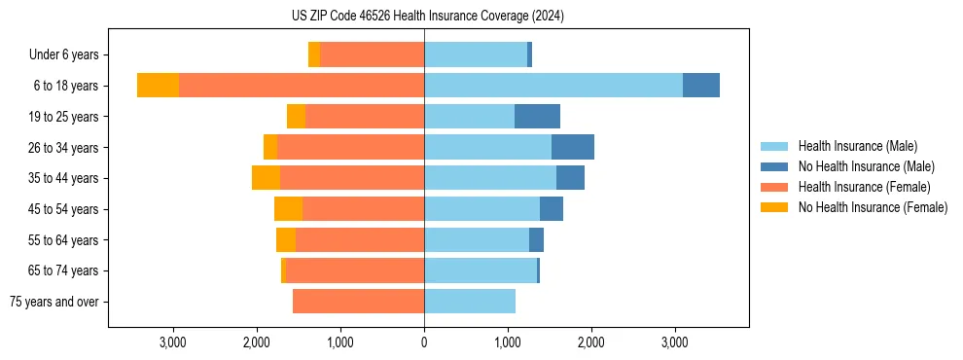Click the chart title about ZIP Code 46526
(427, 16)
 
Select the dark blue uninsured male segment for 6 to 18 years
(700, 86)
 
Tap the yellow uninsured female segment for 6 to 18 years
(158, 86)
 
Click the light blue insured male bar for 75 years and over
(470, 302)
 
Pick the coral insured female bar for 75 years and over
(358, 302)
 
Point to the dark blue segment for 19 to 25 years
(537, 117)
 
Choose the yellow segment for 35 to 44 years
(266, 178)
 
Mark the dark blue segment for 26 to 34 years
(572, 147)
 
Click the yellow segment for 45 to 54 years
(288, 209)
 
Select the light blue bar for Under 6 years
(476, 54)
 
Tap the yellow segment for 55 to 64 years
(286, 240)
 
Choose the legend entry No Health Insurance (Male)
(866, 166)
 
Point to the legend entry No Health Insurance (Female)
(873, 207)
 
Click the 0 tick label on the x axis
(424, 343)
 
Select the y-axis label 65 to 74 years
(64, 270)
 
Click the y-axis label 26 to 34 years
(64, 147)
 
